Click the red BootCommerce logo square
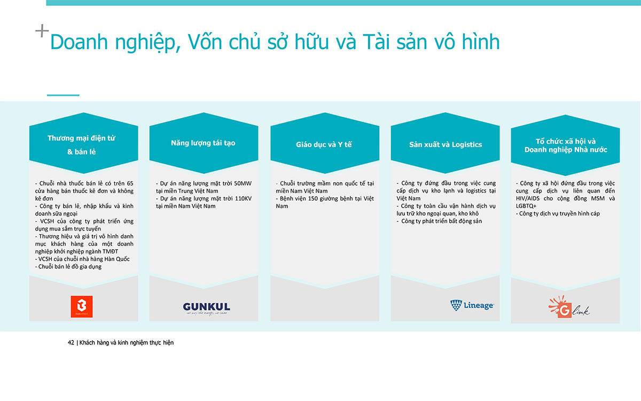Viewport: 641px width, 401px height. tap(82, 306)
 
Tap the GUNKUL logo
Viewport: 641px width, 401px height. tap(206, 309)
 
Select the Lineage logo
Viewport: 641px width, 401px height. tap(472, 305)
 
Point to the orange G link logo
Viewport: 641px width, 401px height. tap(569, 307)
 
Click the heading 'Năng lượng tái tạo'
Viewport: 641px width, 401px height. tap(203, 143)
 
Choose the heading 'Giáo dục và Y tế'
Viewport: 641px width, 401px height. tap(324, 144)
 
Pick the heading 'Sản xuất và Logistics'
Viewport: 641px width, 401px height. tap(445, 144)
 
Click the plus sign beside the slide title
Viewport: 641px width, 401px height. tap(42, 31)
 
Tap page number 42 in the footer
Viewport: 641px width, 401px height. tap(71, 343)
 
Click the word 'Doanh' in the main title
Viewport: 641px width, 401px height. tap(79, 42)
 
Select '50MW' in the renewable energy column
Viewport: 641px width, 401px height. tap(243, 183)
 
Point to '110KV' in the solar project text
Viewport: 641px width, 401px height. tap(243, 198)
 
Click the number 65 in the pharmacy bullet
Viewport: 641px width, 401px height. tap(130, 183)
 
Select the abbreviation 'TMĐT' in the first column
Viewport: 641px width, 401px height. tap(110, 251)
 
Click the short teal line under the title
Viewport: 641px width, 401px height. tap(63, 95)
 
